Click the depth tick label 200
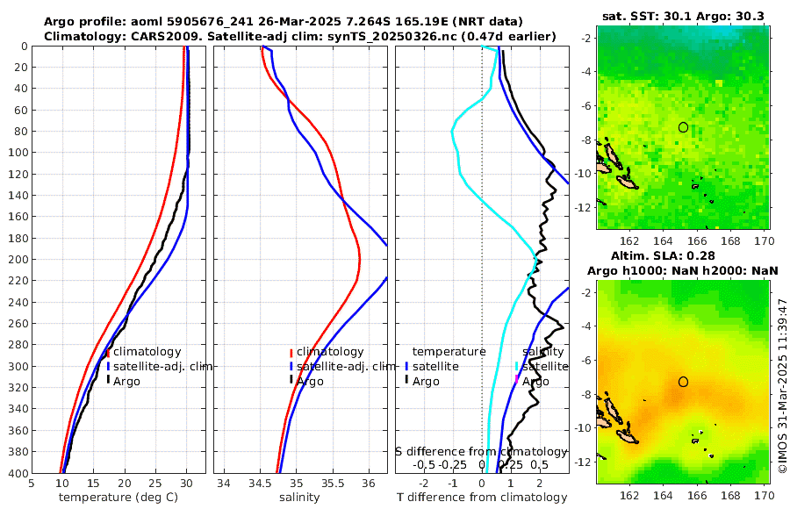point(16,260)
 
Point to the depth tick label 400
point(16,473)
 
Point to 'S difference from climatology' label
point(481,451)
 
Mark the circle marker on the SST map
point(683,127)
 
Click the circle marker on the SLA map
point(683,382)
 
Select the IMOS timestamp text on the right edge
point(783,385)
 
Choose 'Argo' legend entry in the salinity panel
point(310,381)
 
